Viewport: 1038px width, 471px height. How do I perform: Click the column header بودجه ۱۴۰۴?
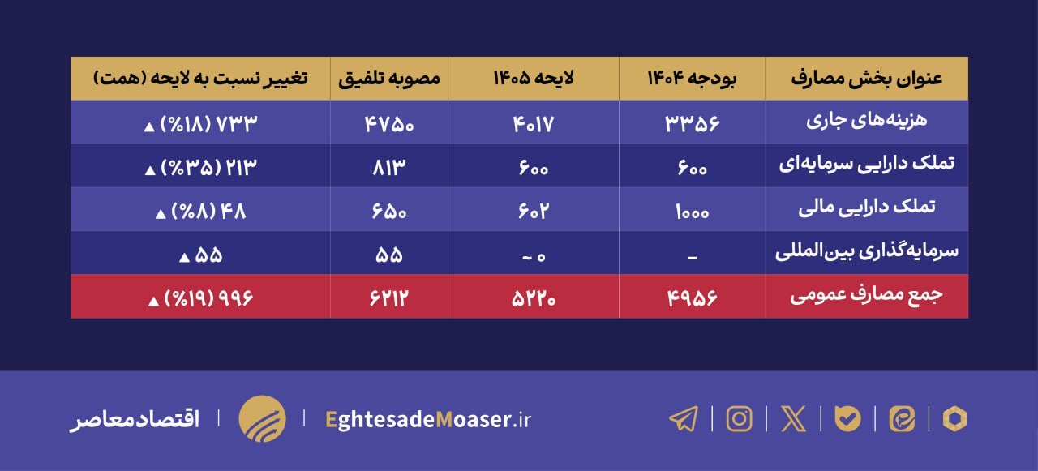tap(692, 79)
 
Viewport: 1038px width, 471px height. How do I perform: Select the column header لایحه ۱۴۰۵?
tap(534, 79)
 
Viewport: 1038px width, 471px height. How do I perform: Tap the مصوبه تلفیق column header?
tap(389, 79)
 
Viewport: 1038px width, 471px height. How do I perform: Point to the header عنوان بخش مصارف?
tap(866, 79)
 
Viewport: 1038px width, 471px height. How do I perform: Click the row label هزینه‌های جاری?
tap(866, 122)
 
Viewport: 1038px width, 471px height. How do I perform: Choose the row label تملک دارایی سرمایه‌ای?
tap(866, 165)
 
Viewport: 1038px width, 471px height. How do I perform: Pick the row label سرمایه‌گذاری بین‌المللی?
tap(866, 252)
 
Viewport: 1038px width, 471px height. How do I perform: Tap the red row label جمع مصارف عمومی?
tap(866, 297)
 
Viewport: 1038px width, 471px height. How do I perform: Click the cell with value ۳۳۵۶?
tap(692, 122)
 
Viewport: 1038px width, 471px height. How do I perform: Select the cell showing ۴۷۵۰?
tap(389, 122)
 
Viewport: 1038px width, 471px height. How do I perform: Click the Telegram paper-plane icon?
tap(684, 418)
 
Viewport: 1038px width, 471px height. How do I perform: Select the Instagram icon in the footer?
tap(739, 418)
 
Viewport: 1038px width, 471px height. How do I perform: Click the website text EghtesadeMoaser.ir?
tap(427, 419)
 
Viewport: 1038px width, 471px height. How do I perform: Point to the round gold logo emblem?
tap(262, 418)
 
